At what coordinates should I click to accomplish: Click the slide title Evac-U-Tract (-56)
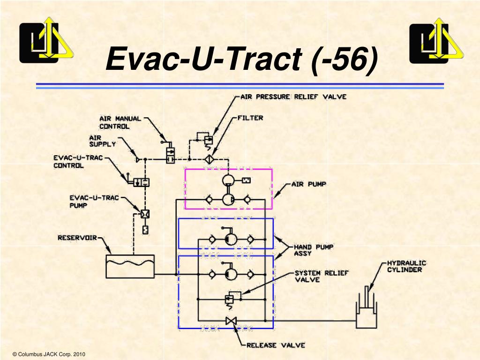[241, 60]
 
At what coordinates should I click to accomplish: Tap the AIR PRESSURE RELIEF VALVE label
[293, 97]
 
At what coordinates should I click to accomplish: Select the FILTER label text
[250, 118]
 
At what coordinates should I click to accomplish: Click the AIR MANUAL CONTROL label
[120, 122]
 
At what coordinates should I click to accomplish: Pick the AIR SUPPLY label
[102, 141]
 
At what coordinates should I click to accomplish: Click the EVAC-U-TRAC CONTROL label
[77, 161]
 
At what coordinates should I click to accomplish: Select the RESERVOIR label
[77, 238]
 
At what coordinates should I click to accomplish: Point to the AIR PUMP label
[310, 184]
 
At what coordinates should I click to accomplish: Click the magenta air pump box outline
[272, 187]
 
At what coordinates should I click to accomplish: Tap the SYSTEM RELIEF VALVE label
[321, 276]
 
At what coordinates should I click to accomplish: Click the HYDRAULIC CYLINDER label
[406, 266]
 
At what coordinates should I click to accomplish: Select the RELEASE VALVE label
[276, 345]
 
